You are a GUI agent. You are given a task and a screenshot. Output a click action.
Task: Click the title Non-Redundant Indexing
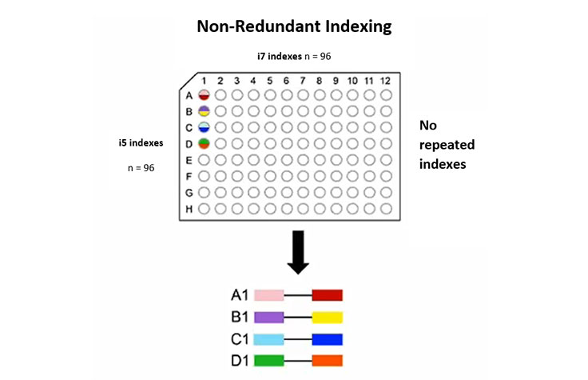click(x=294, y=26)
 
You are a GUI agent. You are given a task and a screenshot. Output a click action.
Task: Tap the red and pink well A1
click(x=204, y=94)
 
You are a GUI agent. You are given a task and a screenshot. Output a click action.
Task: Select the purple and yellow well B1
click(x=204, y=111)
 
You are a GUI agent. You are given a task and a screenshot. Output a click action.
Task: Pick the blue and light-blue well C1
click(x=204, y=127)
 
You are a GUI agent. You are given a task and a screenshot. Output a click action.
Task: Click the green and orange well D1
click(x=204, y=144)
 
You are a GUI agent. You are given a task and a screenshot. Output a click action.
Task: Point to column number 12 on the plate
click(x=386, y=81)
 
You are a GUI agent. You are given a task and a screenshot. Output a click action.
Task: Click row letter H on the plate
click(x=189, y=210)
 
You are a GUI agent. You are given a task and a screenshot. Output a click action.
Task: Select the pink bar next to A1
click(x=269, y=295)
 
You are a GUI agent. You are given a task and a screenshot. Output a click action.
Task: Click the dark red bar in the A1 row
click(x=328, y=295)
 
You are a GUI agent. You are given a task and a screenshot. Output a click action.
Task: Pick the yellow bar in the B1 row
click(x=328, y=317)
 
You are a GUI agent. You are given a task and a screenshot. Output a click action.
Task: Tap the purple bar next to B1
click(x=269, y=317)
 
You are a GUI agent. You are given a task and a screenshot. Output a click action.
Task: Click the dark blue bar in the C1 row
click(x=328, y=338)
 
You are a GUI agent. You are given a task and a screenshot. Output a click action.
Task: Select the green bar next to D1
click(x=269, y=360)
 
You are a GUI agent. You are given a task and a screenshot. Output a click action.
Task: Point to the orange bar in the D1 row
click(x=328, y=360)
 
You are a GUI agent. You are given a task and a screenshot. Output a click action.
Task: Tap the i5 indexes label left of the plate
click(x=141, y=142)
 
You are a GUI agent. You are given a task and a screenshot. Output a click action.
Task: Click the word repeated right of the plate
click(x=447, y=145)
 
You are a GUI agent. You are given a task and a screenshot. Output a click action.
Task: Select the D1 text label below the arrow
click(x=233, y=360)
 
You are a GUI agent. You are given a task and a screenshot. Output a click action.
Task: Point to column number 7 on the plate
click(x=303, y=81)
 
